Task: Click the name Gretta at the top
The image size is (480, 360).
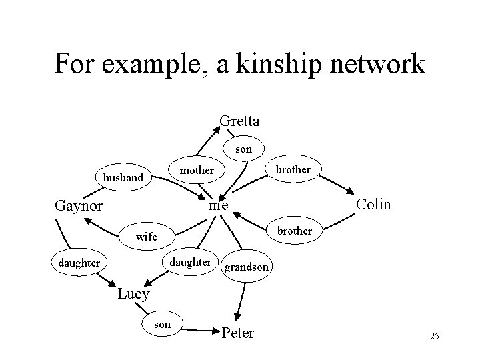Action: click(x=240, y=121)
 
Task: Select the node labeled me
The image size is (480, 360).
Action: click(x=218, y=206)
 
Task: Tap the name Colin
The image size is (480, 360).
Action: click(x=374, y=203)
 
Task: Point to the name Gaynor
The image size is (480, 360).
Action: click(x=78, y=205)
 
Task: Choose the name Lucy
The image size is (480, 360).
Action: click(x=133, y=293)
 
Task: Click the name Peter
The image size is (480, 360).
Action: click(x=237, y=333)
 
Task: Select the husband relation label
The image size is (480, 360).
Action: click(x=123, y=177)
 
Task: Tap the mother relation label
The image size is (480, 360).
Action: click(x=197, y=170)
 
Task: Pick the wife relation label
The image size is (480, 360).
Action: click(x=146, y=237)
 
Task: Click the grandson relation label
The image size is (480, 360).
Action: click(x=247, y=267)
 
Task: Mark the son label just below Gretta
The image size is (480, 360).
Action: click(x=244, y=149)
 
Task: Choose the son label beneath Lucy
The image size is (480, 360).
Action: click(x=162, y=324)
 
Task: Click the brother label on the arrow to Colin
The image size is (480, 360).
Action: click(x=293, y=169)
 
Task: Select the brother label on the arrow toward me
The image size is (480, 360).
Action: click(x=294, y=231)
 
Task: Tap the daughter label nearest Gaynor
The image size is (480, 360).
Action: click(x=79, y=263)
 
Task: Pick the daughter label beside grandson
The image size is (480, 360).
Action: click(x=191, y=262)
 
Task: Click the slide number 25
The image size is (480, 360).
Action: click(x=434, y=336)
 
